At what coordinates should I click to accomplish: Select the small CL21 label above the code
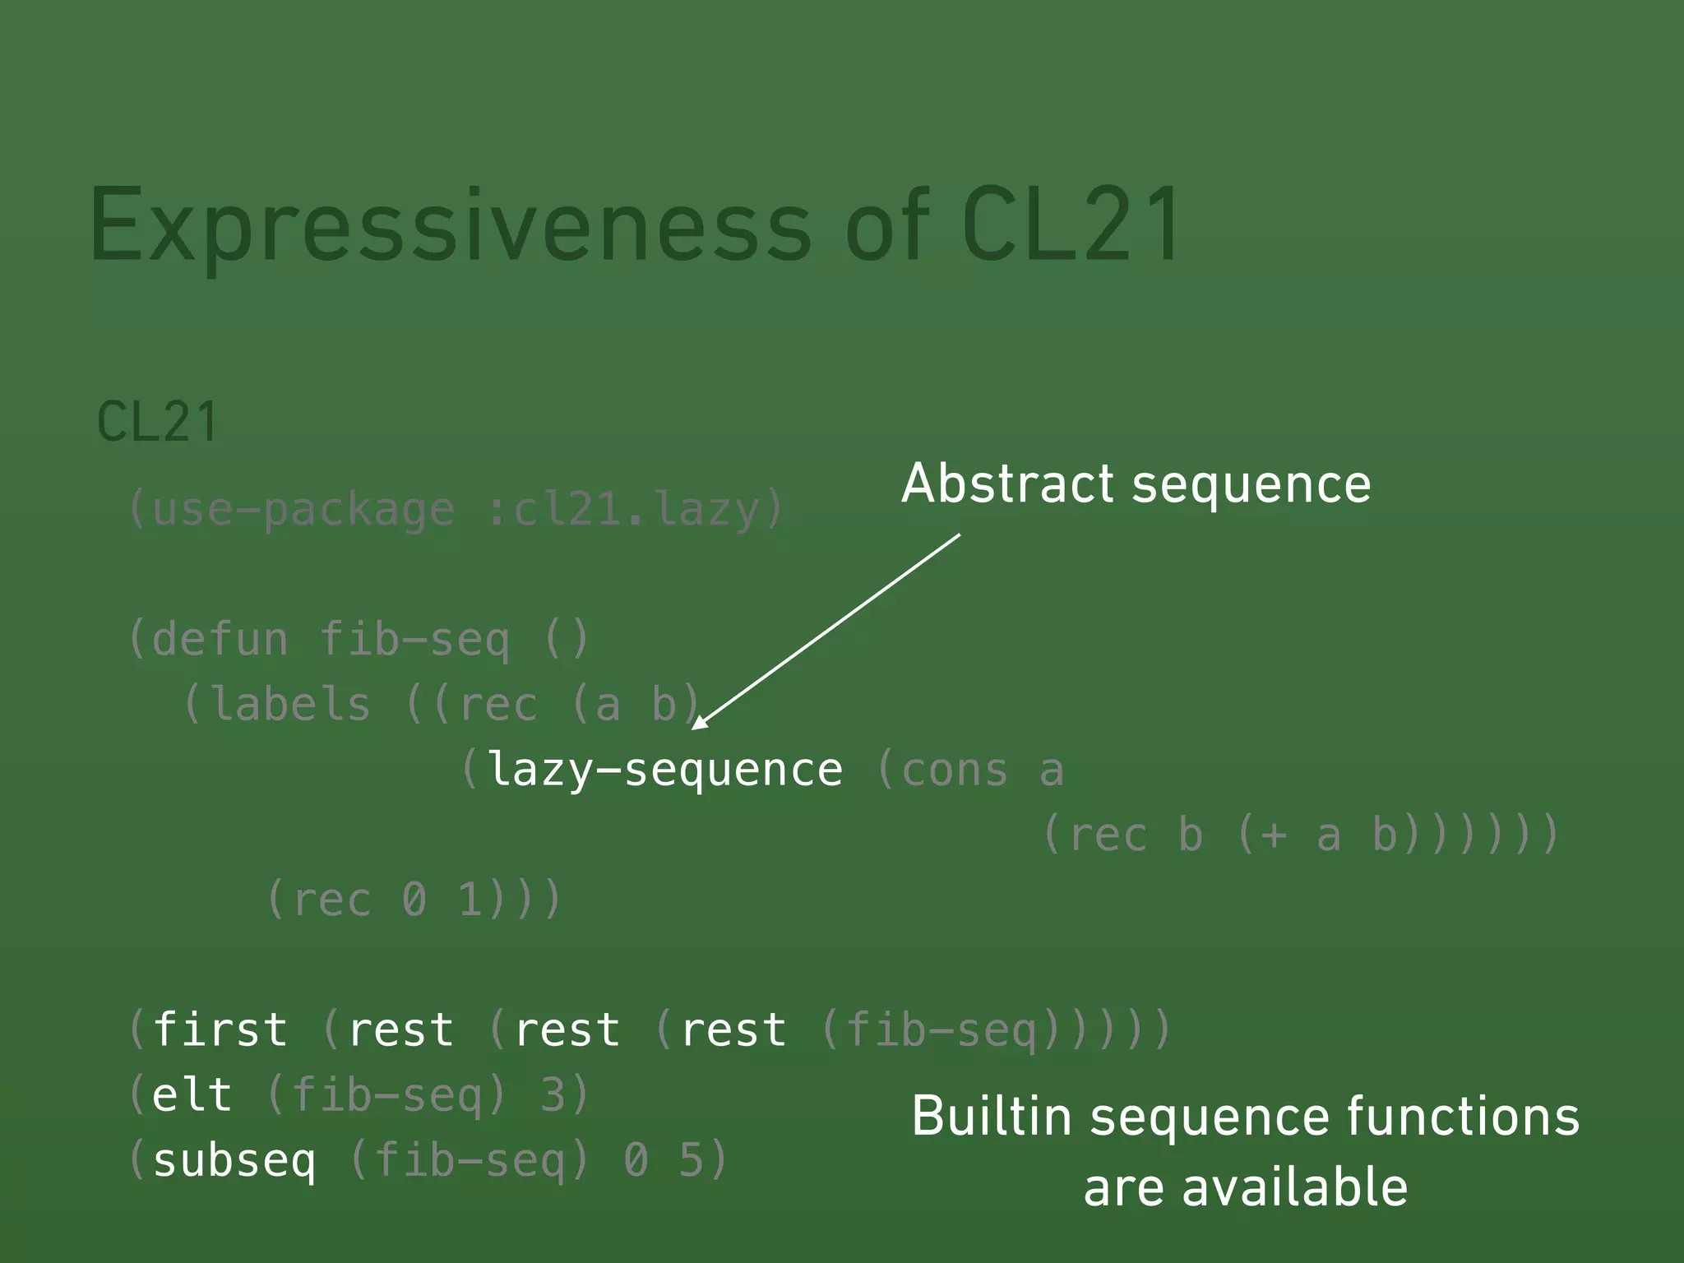pos(157,423)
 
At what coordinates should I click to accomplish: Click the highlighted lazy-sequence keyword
pos(665,770)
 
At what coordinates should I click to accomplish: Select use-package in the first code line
pos(303,511)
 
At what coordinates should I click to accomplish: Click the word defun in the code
pos(220,640)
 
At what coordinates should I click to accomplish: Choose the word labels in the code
pos(290,706)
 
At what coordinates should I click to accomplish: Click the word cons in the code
pos(954,770)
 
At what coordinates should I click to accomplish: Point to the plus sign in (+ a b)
pos(1273,835)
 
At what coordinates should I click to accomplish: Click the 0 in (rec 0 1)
pos(414,900)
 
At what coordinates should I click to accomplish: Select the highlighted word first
pos(220,1030)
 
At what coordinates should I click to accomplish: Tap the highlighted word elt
pos(192,1095)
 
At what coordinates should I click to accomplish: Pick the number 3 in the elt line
pos(553,1095)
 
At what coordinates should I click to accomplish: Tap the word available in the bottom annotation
pos(1294,1188)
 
